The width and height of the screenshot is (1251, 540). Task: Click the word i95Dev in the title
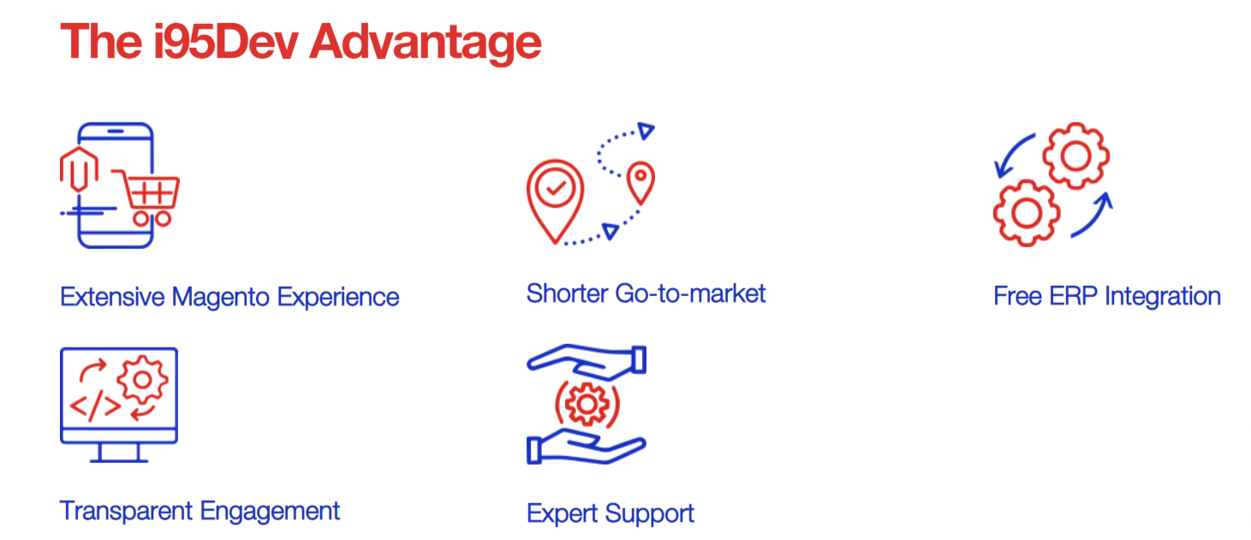click(226, 42)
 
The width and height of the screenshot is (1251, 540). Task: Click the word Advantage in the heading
click(425, 45)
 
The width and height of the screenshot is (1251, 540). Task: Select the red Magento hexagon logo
click(79, 169)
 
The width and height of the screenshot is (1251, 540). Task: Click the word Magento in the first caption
click(221, 297)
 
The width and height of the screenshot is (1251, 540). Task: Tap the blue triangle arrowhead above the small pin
click(646, 131)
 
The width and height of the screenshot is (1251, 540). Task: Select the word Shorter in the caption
click(567, 294)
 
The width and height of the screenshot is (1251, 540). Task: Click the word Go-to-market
click(690, 294)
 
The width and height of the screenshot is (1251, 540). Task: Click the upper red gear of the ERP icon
click(1075, 156)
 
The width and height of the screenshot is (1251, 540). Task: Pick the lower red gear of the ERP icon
click(1027, 213)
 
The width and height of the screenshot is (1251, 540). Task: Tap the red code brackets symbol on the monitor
click(96, 405)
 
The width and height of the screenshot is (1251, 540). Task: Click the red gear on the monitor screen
click(142, 380)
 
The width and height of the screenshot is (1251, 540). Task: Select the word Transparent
click(126, 511)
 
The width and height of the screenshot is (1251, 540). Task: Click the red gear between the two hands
click(587, 404)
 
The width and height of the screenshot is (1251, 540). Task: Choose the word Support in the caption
click(649, 513)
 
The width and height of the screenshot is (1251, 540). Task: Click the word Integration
click(1163, 296)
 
